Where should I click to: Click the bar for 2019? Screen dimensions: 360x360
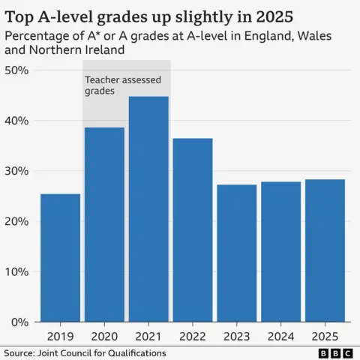coord(60,258)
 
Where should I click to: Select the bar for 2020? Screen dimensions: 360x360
coord(104,225)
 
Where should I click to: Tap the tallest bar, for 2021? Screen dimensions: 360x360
coord(148,209)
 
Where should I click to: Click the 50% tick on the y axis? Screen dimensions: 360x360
coord(16,70)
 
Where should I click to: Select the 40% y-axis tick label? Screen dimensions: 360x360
coord(16,121)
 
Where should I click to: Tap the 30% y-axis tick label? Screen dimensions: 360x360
coord(16,171)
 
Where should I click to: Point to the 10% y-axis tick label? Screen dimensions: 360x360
coord(16,271)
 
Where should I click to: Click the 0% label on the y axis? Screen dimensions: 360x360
coord(19,322)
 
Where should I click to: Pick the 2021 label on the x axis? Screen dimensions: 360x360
coord(148,337)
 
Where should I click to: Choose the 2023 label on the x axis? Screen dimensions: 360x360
coord(236,337)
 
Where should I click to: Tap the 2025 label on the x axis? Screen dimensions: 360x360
coord(325,337)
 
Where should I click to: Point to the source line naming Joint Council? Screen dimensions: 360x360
coord(85,352)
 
